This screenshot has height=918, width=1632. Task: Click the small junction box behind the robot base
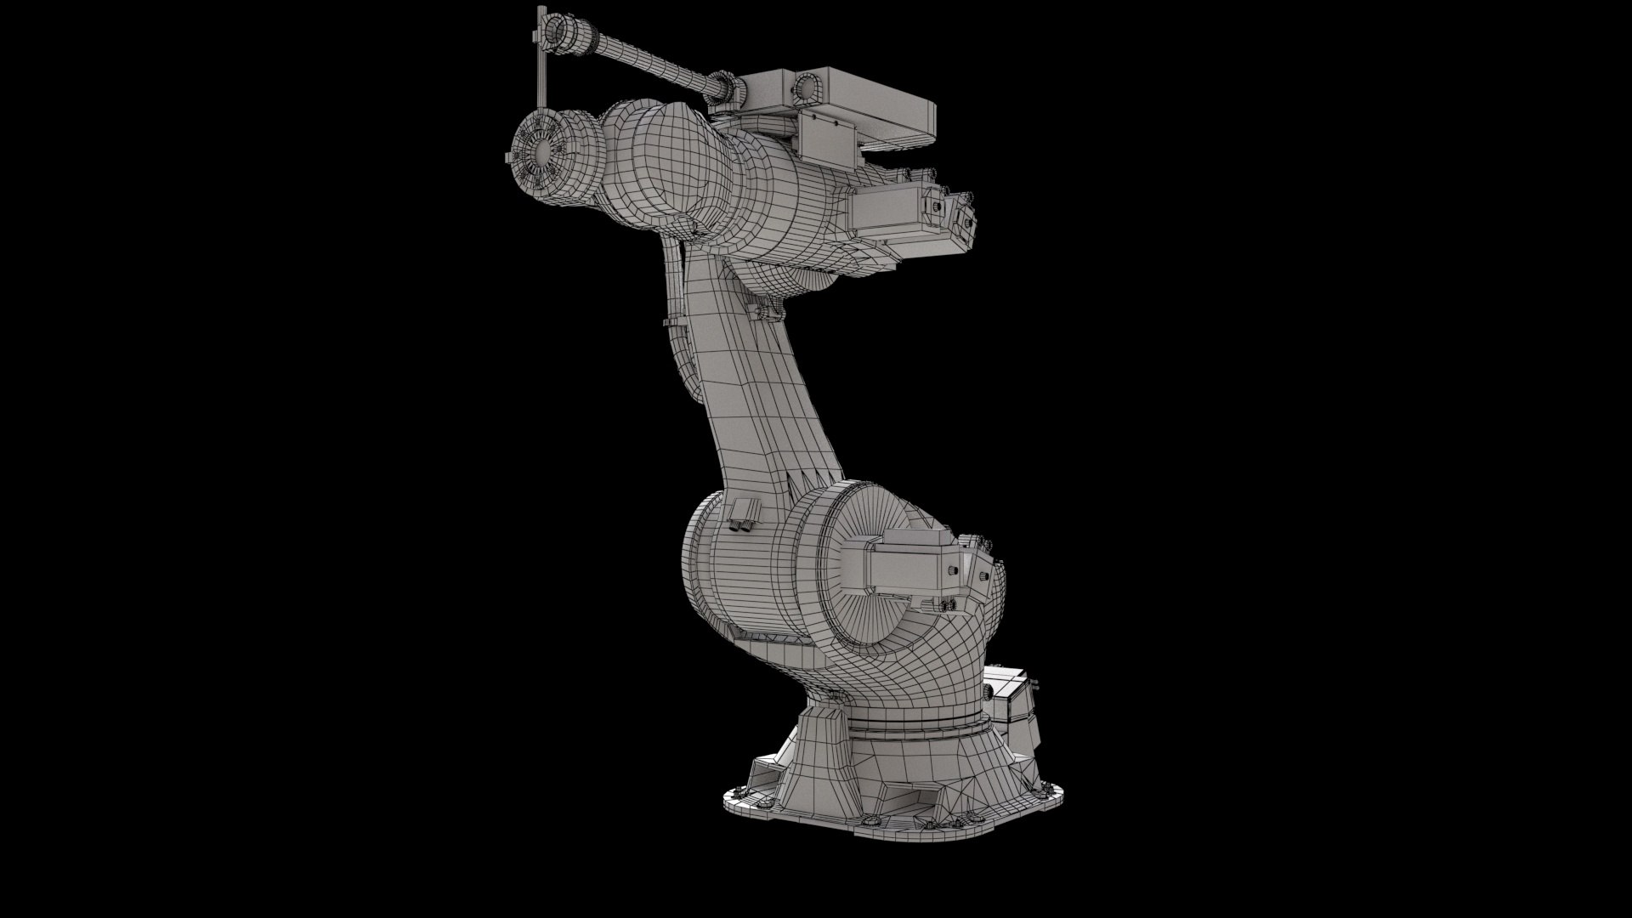[x=1016, y=697]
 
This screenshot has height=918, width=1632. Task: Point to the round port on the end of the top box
[x=807, y=85]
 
